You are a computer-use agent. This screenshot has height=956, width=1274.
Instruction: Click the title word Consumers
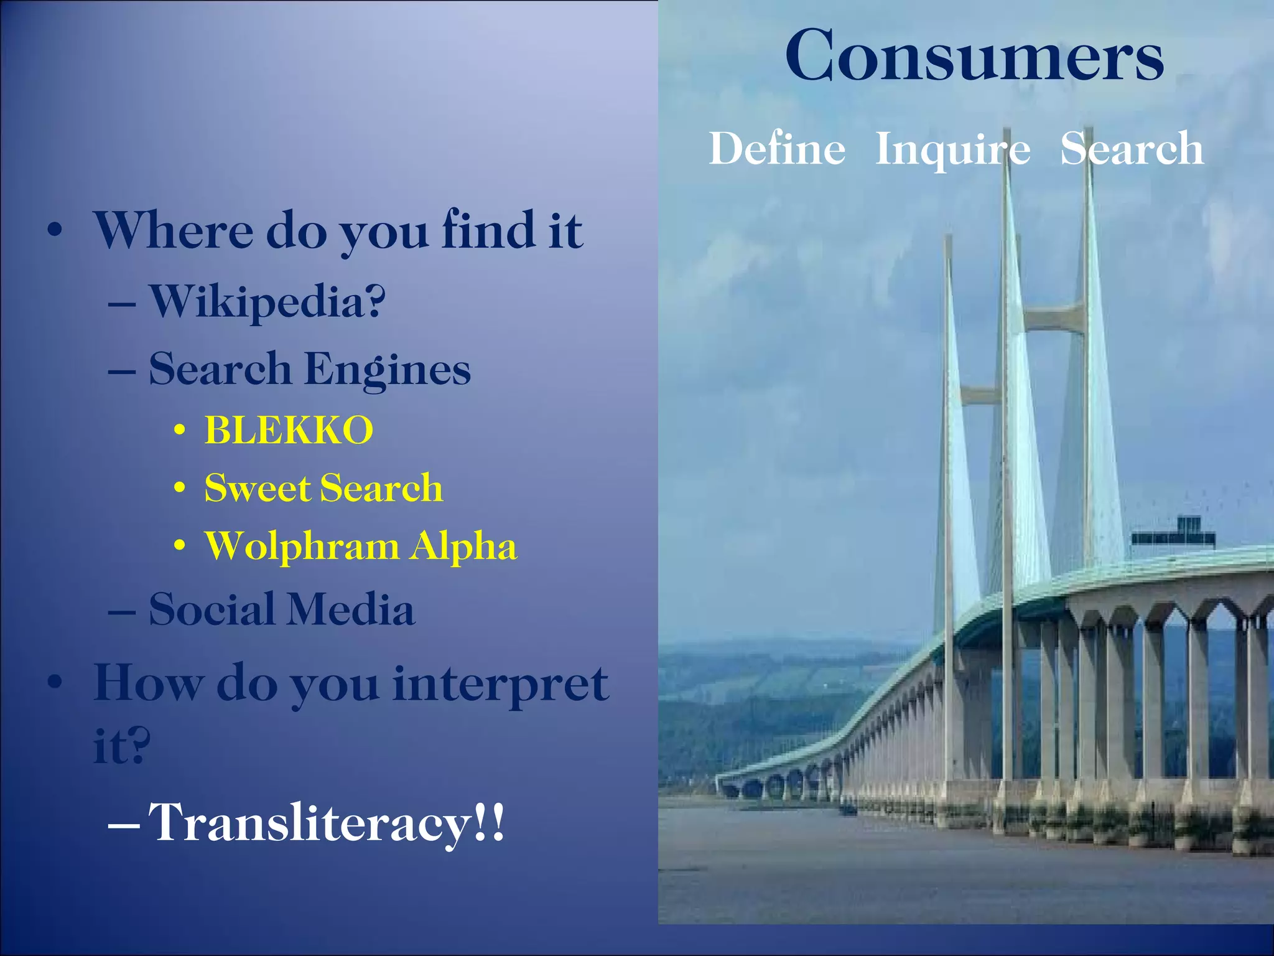pyautogui.click(x=974, y=56)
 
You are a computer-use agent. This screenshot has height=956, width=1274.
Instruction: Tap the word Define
pyautogui.click(x=777, y=149)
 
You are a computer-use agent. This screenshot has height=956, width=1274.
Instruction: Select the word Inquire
pyautogui.click(x=952, y=150)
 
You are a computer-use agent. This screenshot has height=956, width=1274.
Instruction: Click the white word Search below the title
pyautogui.click(x=1132, y=149)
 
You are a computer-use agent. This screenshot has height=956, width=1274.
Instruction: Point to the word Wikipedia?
pyautogui.click(x=267, y=302)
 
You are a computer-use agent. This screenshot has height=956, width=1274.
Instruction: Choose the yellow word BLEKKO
pyautogui.click(x=289, y=430)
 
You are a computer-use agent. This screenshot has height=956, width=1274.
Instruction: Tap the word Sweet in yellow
pyautogui.click(x=257, y=487)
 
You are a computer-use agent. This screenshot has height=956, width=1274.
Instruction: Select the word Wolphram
pyautogui.click(x=302, y=547)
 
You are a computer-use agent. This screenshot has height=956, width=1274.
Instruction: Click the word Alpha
pyautogui.click(x=463, y=546)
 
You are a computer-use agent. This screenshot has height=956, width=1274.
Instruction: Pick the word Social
pyautogui.click(x=212, y=609)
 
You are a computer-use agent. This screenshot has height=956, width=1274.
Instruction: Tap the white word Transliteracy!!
pyautogui.click(x=327, y=823)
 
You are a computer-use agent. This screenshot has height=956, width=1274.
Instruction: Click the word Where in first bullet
pyautogui.click(x=174, y=230)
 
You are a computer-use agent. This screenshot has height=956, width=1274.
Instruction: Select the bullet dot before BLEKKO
pyautogui.click(x=180, y=431)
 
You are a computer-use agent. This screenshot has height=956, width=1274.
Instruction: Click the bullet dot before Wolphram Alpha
pyautogui.click(x=180, y=547)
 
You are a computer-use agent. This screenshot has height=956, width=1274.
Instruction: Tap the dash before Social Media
pyautogui.click(x=122, y=612)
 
